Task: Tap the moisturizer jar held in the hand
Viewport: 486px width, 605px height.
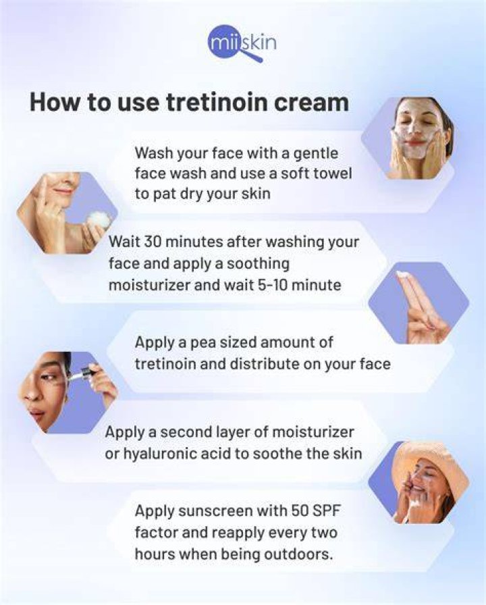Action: tap(99, 220)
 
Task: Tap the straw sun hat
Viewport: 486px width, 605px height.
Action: tap(437, 468)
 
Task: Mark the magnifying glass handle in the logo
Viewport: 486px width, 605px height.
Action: tap(253, 55)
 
